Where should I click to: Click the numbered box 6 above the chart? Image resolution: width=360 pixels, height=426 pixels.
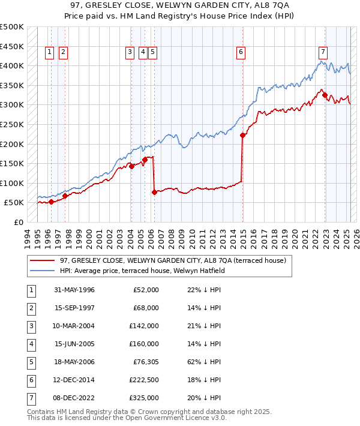(241, 52)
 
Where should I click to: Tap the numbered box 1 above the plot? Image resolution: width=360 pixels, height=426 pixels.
(49, 52)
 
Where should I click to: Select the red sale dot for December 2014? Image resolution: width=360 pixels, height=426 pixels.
(243, 136)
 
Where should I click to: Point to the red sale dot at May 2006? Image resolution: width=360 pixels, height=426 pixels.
(154, 193)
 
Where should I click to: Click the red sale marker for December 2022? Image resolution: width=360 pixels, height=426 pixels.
(325, 95)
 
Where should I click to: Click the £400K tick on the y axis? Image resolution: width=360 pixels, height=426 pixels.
(12, 65)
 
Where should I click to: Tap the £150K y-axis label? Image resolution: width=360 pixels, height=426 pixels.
(12, 163)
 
